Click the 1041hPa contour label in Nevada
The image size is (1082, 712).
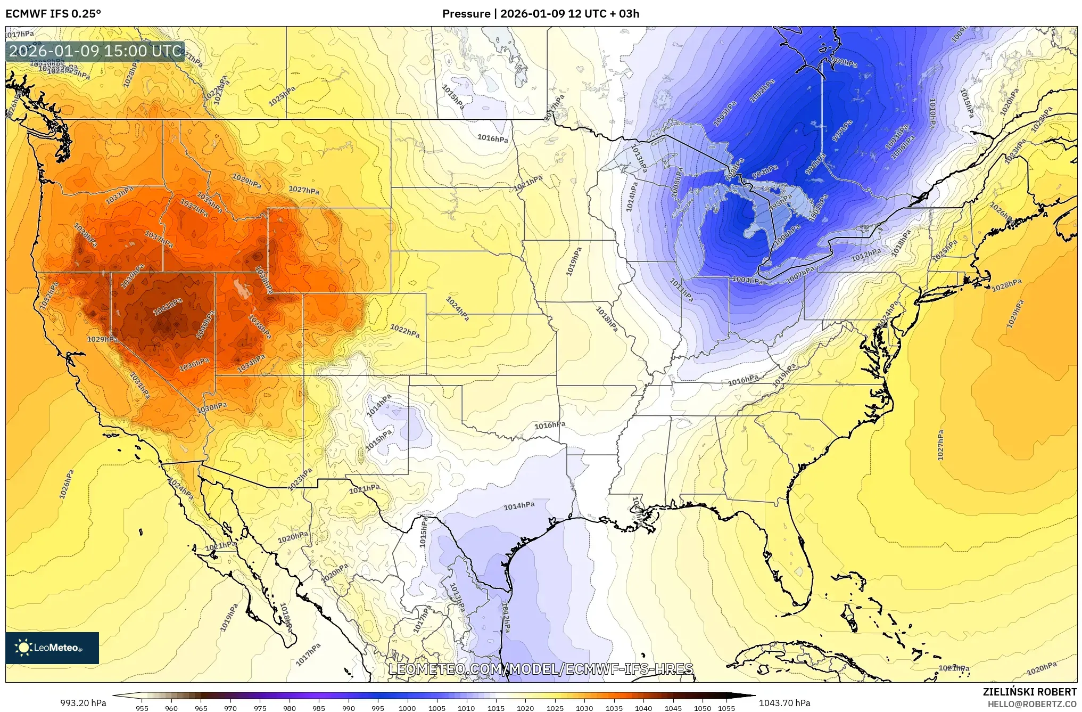[168, 307]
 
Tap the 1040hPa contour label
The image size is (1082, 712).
[205, 325]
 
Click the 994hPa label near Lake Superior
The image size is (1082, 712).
[765, 172]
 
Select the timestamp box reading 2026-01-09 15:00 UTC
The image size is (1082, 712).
[95, 51]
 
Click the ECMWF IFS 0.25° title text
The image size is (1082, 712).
[53, 13]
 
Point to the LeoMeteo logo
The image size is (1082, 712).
[52, 648]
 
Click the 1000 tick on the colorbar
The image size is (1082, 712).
[407, 708]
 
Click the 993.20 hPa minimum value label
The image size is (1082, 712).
[83, 703]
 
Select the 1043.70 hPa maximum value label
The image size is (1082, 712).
[784, 703]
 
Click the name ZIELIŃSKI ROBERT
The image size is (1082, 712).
[1030, 692]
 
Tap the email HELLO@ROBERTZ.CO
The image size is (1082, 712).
[1032, 704]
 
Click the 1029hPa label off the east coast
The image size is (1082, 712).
[1015, 314]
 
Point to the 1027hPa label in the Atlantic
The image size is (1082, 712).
[940, 445]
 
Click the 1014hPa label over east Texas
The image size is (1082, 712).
[519, 506]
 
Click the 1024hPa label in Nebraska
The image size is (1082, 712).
[457, 309]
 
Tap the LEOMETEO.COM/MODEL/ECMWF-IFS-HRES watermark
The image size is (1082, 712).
[541, 669]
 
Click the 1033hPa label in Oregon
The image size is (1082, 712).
[119, 195]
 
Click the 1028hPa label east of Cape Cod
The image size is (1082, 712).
[1006, 285]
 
